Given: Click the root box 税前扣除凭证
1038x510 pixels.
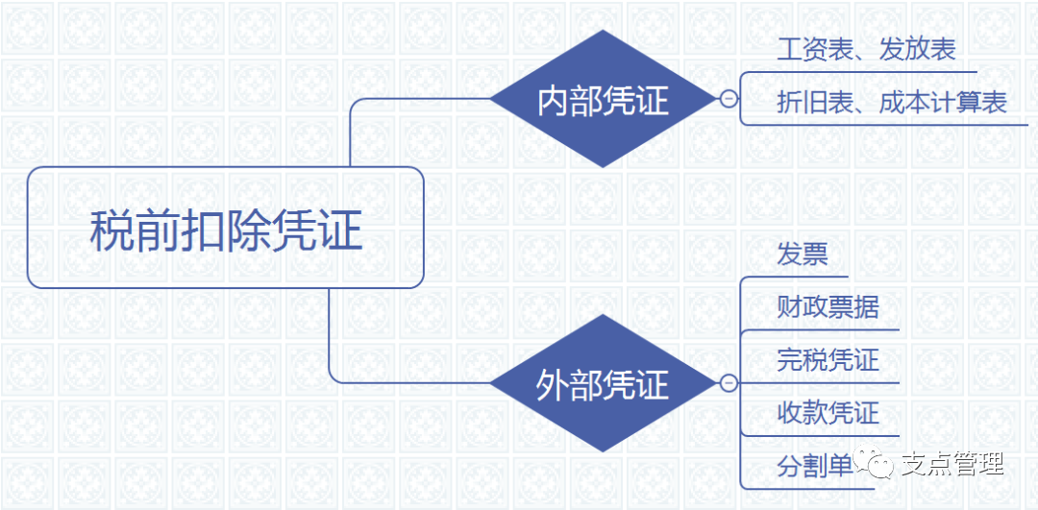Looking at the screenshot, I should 225,228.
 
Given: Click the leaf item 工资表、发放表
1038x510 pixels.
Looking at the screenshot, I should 866,51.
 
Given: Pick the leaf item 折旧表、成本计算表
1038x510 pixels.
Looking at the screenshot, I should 891,103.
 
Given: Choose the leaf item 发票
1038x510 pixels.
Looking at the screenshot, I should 803,255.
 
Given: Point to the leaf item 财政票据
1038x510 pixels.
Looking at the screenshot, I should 828,307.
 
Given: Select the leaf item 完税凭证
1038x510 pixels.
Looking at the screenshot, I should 828,360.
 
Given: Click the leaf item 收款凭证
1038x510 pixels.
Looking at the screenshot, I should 828,413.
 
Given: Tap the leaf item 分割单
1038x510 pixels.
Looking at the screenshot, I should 815,467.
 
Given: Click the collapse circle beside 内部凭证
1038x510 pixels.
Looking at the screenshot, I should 729,98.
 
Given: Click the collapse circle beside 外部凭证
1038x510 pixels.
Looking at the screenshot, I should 729,384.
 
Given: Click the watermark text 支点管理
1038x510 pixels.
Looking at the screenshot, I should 951,465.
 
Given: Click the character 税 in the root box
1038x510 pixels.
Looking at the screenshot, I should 113,231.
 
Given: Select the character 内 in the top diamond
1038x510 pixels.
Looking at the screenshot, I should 553,100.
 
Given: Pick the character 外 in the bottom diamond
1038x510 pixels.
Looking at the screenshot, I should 553,386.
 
